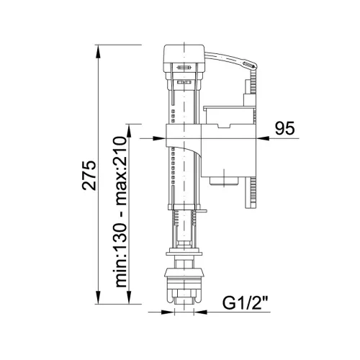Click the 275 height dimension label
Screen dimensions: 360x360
click(x=89, y=175)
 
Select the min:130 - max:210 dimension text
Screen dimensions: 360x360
click(x=120, y=212)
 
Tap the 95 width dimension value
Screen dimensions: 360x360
click(x=284, y=128)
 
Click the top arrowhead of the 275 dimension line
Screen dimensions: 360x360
click(x=98, y=52)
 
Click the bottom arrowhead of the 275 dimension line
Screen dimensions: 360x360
click(x=98, y=297)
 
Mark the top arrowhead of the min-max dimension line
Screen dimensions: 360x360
click(x=129, y=131)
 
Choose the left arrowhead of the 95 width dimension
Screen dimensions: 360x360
click(x=159, y=138)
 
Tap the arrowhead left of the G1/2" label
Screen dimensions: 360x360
click(x=200, y=312)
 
